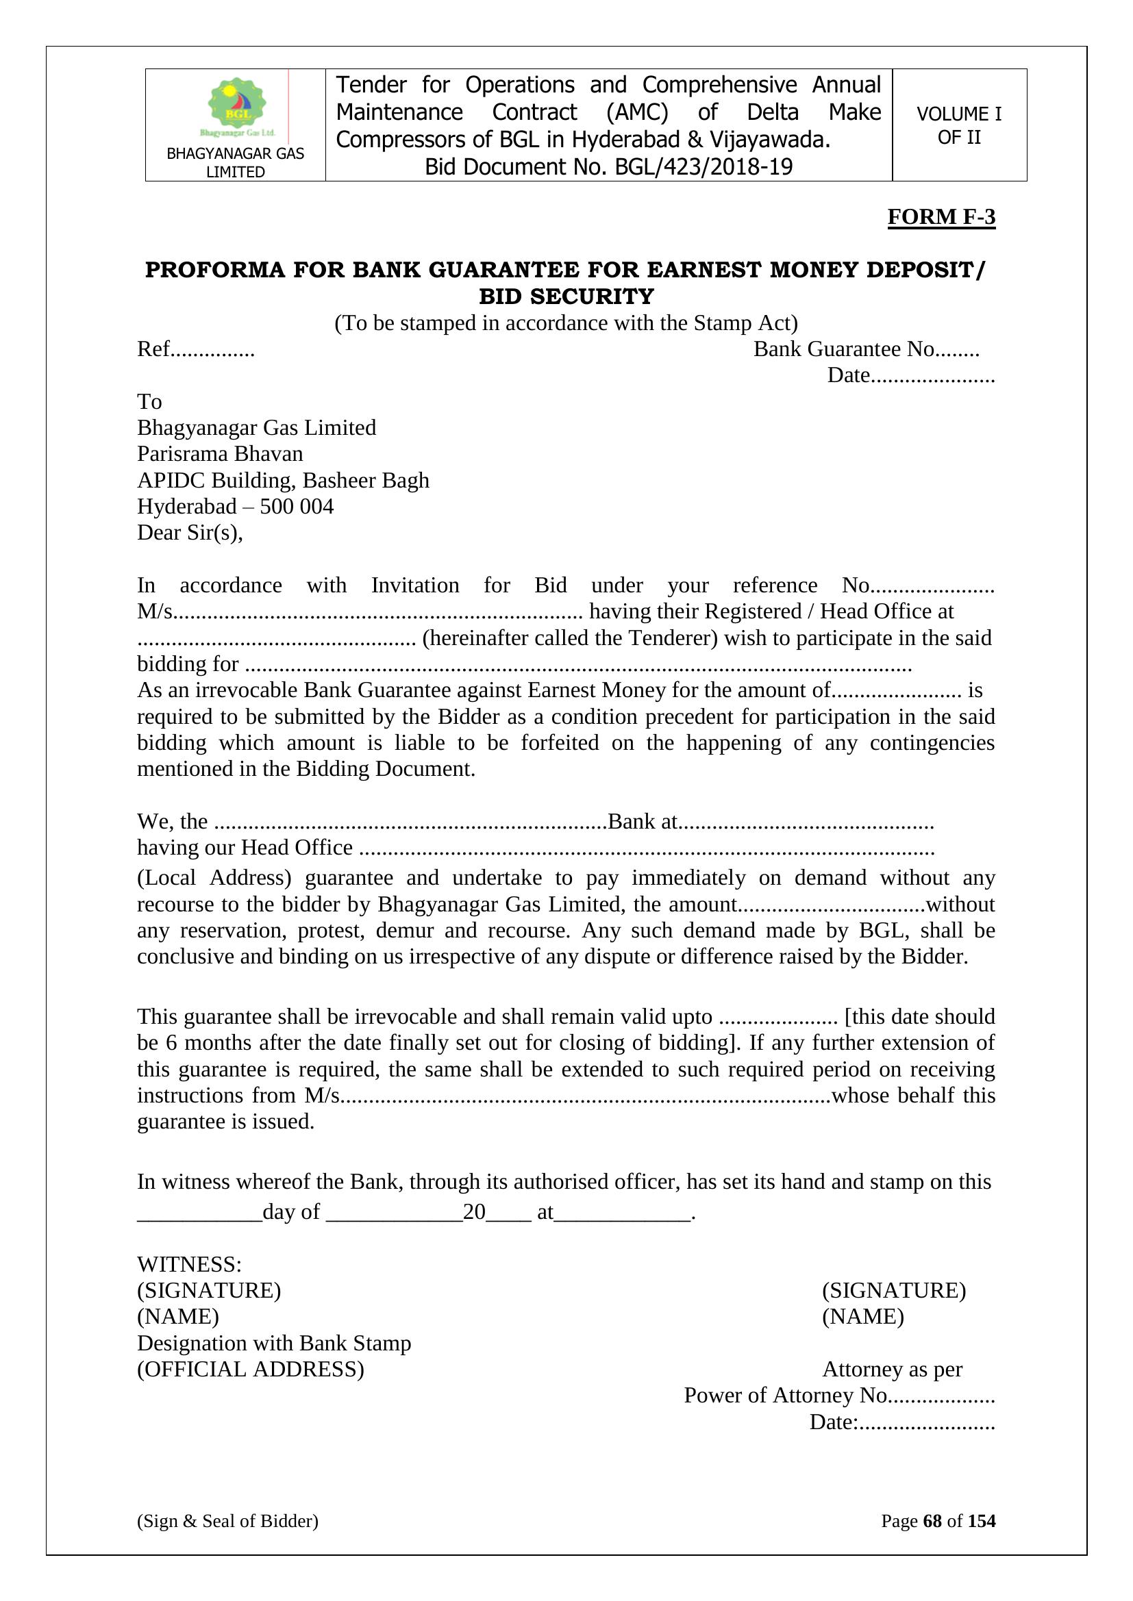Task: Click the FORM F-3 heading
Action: click(x=941, y=217)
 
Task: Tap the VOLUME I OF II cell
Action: click(x=958, y=125)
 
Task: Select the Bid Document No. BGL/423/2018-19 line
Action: click(x=608, y=167)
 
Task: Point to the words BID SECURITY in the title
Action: click(x=566, y=297)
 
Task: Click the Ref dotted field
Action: click(x=196, y=349)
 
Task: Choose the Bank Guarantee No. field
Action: click(x=866, y=349)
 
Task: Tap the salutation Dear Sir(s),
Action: click(x=190, y=533)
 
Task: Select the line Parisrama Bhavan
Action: click(x=220, y=454)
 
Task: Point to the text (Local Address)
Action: click(x=214, y=877)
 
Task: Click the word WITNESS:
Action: click(x=189, y=1264)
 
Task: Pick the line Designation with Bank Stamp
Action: click(x=273, y=1343)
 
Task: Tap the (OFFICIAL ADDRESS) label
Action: click(x=251, y=1370)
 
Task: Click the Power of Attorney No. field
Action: click(x=838, y=1396)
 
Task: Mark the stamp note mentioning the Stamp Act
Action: click(x=566, y=323)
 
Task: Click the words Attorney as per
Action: click(x=893, y=1370)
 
